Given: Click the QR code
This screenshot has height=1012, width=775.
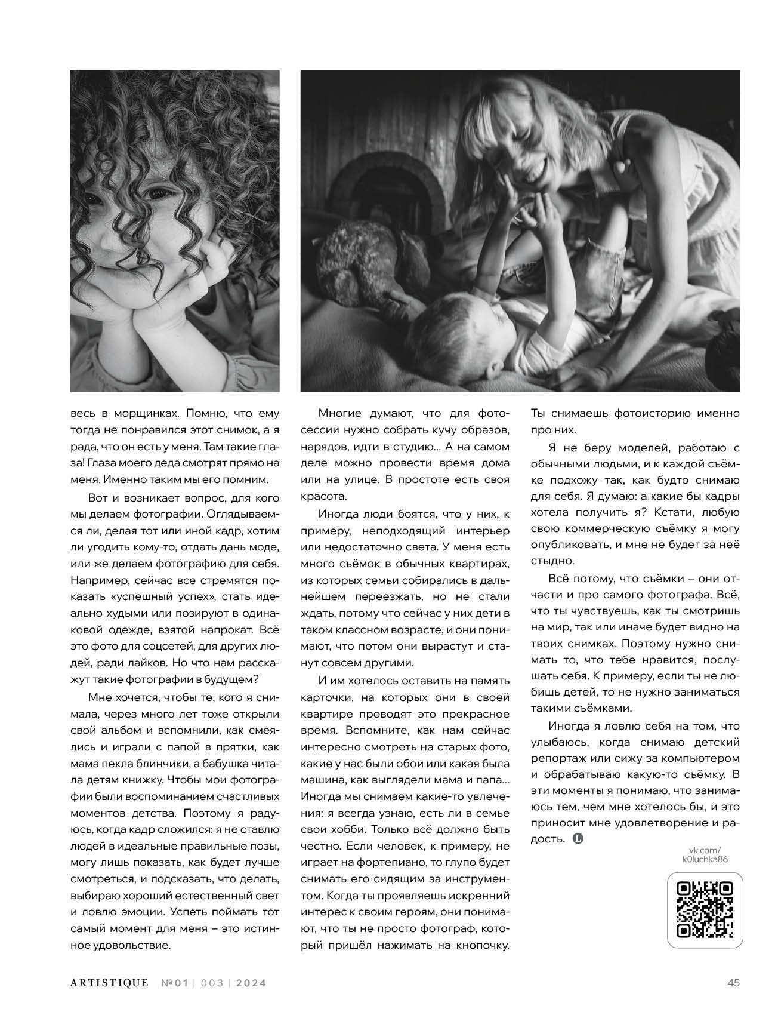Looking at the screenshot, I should pos(704,908).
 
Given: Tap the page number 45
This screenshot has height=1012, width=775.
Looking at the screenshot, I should pos(733,983).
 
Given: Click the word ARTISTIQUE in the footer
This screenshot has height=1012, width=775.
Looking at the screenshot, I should pos(109,983).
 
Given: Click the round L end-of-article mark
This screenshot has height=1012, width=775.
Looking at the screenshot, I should pos(578,839).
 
